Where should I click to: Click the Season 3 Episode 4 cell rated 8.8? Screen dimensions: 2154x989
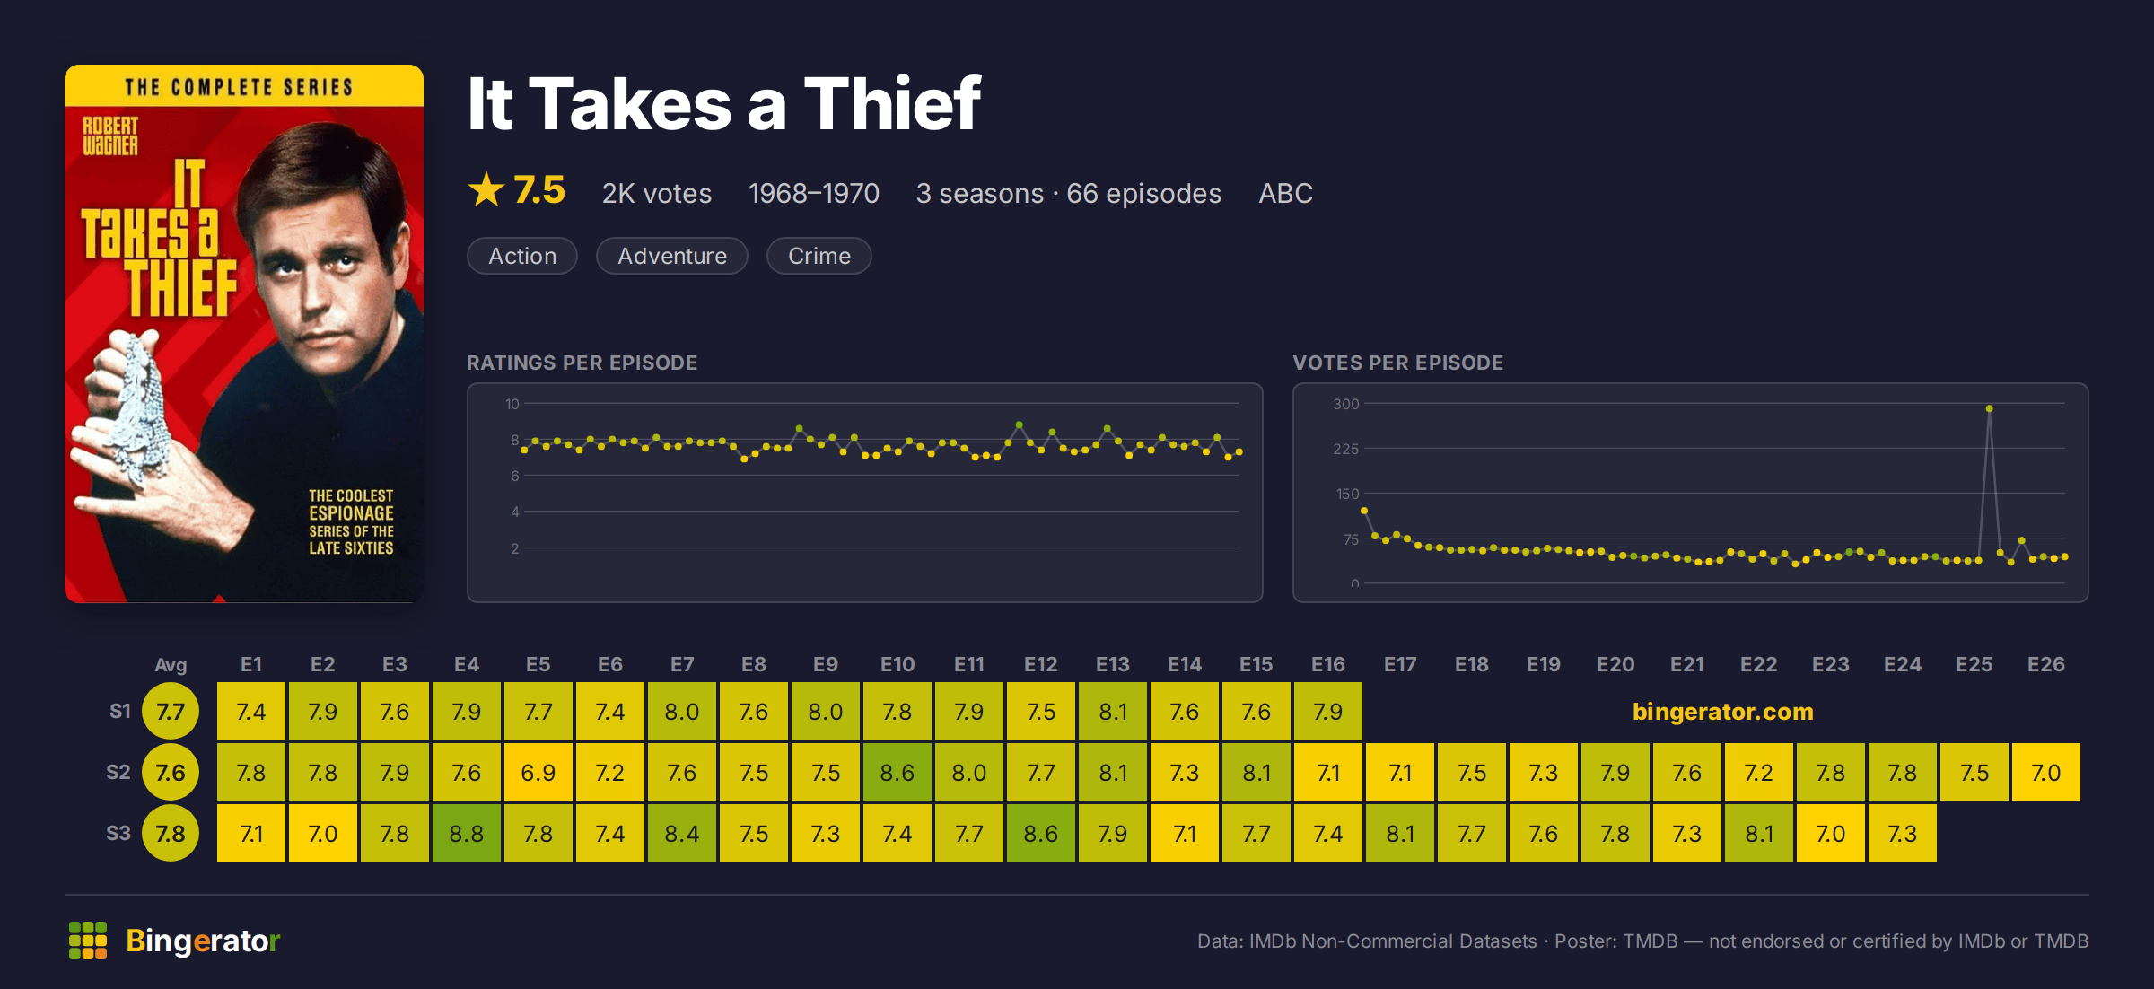(467, 833)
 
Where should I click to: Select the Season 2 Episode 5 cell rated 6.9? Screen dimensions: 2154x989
(538, 772)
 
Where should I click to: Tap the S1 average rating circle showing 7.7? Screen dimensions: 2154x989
(171, 711)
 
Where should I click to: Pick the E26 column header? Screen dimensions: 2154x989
(2046, 664)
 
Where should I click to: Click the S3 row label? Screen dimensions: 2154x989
(118, 833)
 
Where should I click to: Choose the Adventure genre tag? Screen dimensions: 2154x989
(672, 256)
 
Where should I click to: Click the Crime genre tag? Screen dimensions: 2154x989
(819, 256)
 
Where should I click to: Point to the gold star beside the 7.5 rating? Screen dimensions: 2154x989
(486, 189)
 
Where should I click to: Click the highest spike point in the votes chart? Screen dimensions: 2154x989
(1990, 408)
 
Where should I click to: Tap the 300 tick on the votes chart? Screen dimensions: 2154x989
(1346, 404)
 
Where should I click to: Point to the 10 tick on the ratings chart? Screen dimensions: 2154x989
(512, 404)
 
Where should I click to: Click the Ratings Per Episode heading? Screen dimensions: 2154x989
(582, 363)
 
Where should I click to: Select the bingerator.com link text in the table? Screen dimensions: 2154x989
(1723, 711)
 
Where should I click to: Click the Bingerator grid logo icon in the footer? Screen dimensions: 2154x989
(88, 941)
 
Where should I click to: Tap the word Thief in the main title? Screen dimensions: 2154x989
(892, 103)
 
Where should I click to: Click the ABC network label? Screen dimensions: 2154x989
(1285, 193)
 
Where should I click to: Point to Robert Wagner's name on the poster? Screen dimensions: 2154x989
(110, 136)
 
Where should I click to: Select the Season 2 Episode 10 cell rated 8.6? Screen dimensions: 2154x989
(897, 772)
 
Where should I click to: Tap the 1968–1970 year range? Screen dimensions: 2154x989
(814, 193)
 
